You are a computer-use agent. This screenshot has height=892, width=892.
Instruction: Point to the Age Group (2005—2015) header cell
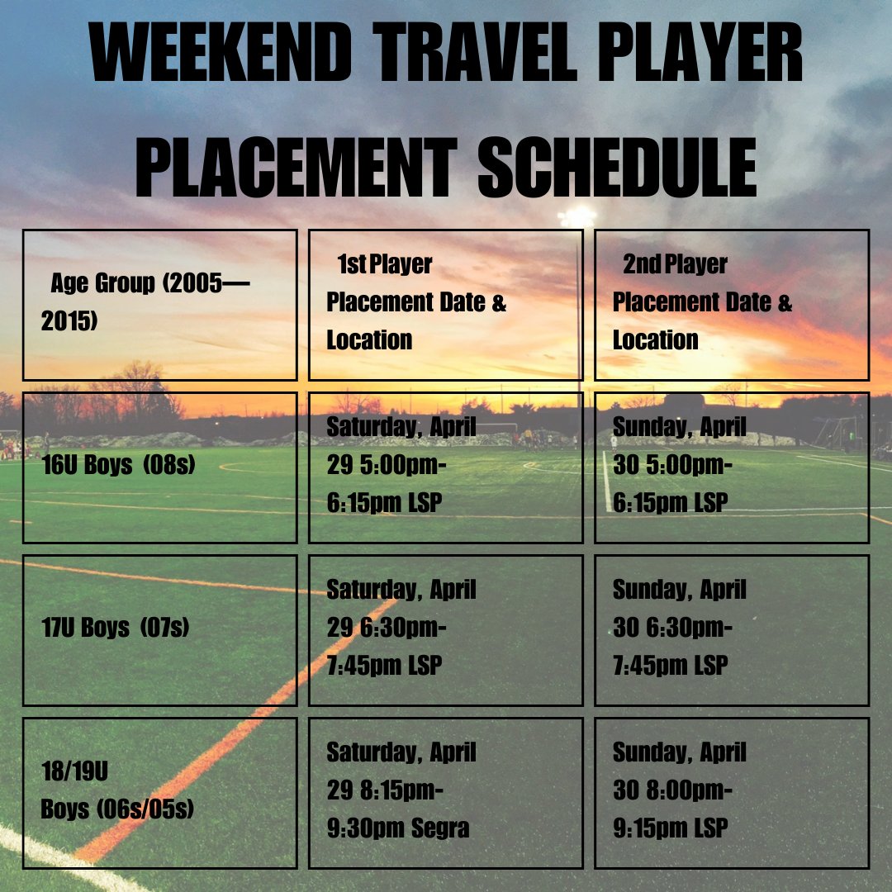[x=159, y=304]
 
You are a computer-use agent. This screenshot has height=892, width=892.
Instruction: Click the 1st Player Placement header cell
[x=445, y=304]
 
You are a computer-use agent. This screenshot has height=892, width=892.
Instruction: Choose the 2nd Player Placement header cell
[x=731, y=304]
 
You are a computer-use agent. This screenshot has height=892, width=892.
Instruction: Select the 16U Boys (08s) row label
[x=159, y=467]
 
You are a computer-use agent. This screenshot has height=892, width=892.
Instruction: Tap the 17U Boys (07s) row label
[x=159, y=629]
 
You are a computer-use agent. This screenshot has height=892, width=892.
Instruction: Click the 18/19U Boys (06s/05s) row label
[x=159, y=792]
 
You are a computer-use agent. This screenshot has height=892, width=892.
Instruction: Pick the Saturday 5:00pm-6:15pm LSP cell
[x=445, y=467]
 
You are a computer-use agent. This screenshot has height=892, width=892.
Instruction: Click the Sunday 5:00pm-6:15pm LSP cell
[x=731, y=467]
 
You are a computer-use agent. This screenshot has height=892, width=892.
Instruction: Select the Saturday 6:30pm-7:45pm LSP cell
[x=445, y=629]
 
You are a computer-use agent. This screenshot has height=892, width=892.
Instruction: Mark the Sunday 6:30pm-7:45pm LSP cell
[x=731, y=629]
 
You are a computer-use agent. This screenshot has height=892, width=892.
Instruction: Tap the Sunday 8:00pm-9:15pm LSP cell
[x=731, y=792]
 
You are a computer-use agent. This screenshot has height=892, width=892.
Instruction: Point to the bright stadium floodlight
[x=576, y=216]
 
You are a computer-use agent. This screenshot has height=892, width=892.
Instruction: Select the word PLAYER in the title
[x=709, y=54]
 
